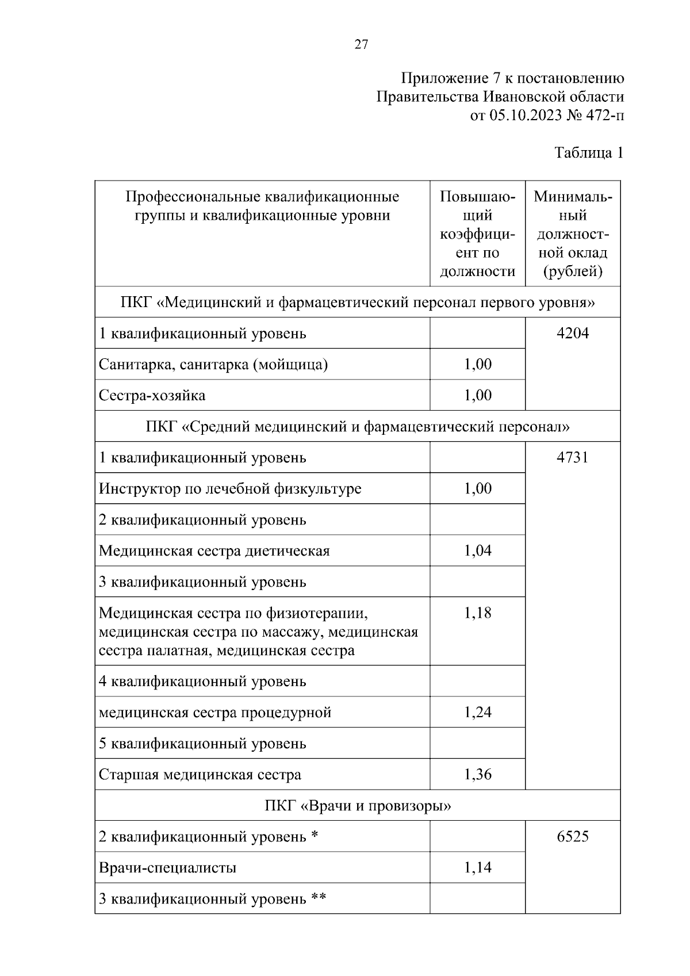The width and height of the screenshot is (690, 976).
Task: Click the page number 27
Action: pos(361,45)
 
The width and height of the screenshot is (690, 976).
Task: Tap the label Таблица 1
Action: pos(589,153)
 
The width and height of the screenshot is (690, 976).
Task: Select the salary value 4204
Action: pos(573,334)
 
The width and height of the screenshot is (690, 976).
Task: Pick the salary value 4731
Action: pos(573,458)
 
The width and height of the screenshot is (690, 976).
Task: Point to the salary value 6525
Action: pos(573,836)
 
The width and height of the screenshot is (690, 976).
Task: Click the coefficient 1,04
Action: pos(478,551)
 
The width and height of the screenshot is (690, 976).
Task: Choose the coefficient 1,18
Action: pos(478,613)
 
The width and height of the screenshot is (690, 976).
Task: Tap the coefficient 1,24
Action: pos(478,713)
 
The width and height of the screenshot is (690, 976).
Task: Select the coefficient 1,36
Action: pos(478,775)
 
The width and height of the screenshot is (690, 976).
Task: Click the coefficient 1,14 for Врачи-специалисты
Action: pos(478,867)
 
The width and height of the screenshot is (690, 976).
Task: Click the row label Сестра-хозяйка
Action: pos(152,396)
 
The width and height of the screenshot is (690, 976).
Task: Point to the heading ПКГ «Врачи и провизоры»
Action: pos(358,806)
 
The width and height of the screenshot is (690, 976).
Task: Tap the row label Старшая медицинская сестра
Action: pos(200,775)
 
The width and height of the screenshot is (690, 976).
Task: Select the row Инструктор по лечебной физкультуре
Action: pos(230,489)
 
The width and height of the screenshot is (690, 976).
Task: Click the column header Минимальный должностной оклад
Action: pos(573,234)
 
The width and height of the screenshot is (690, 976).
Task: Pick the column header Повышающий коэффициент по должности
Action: pos(477,234)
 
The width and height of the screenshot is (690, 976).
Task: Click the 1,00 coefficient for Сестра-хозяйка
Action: pos(478,396)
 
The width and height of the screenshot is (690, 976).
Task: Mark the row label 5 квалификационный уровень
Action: pos(202,744)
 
